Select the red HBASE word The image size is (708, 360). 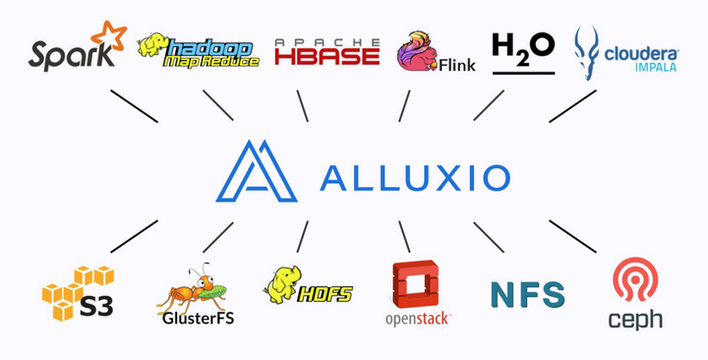point(326,55)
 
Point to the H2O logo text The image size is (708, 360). point(522,47)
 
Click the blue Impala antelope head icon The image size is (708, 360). point(588,52)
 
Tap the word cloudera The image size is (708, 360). point(641,50)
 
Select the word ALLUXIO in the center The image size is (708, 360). point(415,178)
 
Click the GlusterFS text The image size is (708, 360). point(196,318)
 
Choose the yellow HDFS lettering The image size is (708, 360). point(325,292)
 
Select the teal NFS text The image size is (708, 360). point(527,294)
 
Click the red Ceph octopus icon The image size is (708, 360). point(634,281)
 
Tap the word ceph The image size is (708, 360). point(635,320)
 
